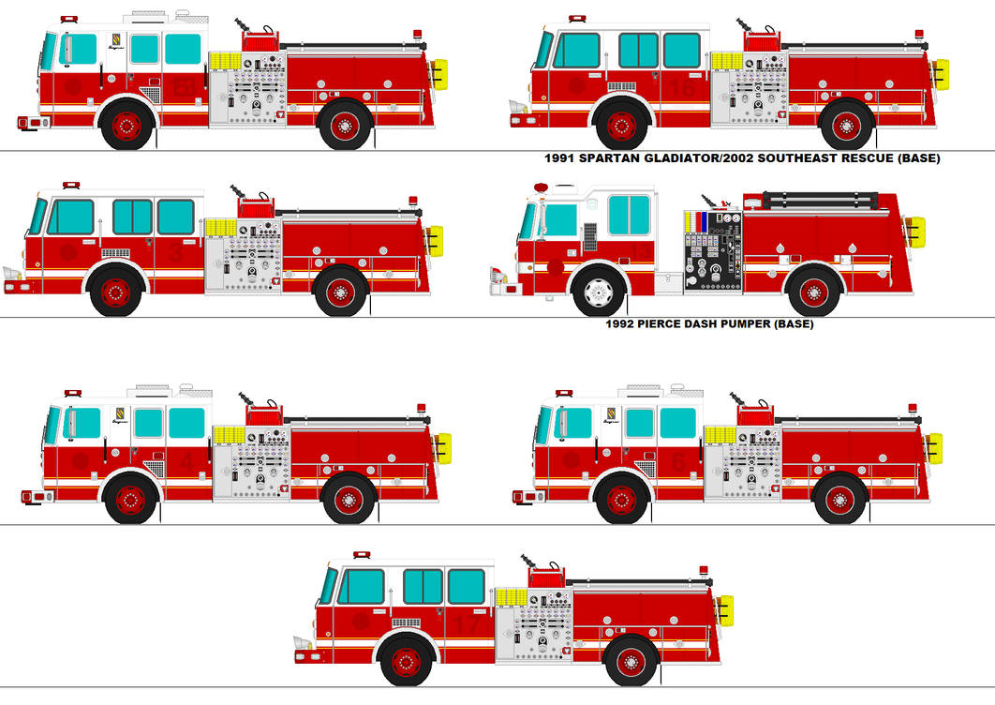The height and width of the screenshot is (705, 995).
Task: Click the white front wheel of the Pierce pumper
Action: pos(599,292)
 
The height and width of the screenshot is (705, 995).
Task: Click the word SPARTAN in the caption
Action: pos(608,158)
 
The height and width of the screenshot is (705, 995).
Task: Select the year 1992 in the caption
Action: pos(625,324)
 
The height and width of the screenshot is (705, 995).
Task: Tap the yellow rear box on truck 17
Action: pos(725,609)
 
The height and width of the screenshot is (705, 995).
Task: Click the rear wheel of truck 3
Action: pos(339,292)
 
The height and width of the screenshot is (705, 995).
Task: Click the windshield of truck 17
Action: pos(328,587)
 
